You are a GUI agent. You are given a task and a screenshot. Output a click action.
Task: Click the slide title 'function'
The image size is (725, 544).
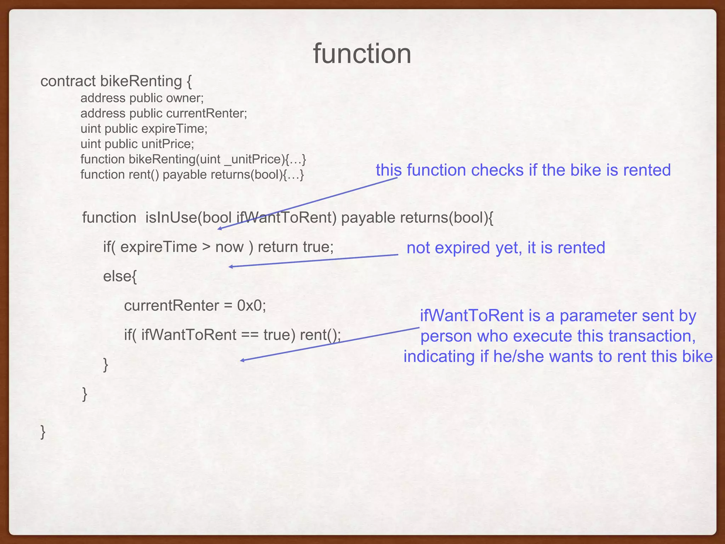coord(362,54)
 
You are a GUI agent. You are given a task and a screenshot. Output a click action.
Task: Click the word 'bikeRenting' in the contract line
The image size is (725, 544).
coord(141,81)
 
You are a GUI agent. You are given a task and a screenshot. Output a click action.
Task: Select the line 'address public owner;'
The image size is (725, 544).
coord(142,98)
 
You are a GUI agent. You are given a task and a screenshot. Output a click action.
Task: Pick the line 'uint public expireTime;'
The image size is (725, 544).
coord(144,129)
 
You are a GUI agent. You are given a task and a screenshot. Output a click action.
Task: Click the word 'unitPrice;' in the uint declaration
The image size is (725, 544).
coord(167,144)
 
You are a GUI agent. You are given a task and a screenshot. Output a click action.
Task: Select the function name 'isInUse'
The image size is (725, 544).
coord(171,217)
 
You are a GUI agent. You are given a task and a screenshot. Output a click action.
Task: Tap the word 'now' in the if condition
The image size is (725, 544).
coord(229,247)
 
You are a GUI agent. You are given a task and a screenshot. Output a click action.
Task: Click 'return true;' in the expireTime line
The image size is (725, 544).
coord(296,247)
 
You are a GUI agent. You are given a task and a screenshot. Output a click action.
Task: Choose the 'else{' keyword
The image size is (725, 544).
coord(120,276)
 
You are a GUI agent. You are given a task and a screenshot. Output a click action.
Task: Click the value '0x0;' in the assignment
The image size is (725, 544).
coord(251,305)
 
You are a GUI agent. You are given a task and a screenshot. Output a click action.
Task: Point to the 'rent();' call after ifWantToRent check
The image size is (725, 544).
coord(320,335)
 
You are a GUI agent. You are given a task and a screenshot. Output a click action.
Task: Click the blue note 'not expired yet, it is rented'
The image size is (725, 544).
coord(506,248)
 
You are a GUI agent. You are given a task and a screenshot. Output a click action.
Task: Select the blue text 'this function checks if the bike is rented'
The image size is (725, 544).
coord(523,170)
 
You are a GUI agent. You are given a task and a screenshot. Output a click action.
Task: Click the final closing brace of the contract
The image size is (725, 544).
coord(43,432)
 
